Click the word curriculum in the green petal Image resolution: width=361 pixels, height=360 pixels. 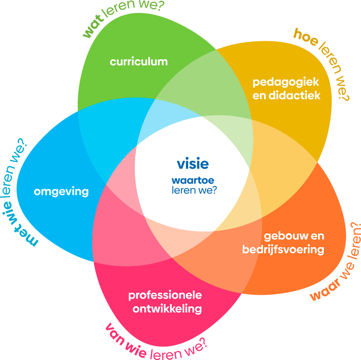[139, 62]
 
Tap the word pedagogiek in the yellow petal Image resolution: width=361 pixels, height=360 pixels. [286, 83]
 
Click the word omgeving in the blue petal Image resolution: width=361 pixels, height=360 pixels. [61, 192]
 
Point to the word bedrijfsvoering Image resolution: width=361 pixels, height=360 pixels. [283, 249]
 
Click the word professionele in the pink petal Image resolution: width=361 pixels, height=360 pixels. [165, 295]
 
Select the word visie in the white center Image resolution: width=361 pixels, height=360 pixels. [192, 164]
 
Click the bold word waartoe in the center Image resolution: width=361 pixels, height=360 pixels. [192, 180]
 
